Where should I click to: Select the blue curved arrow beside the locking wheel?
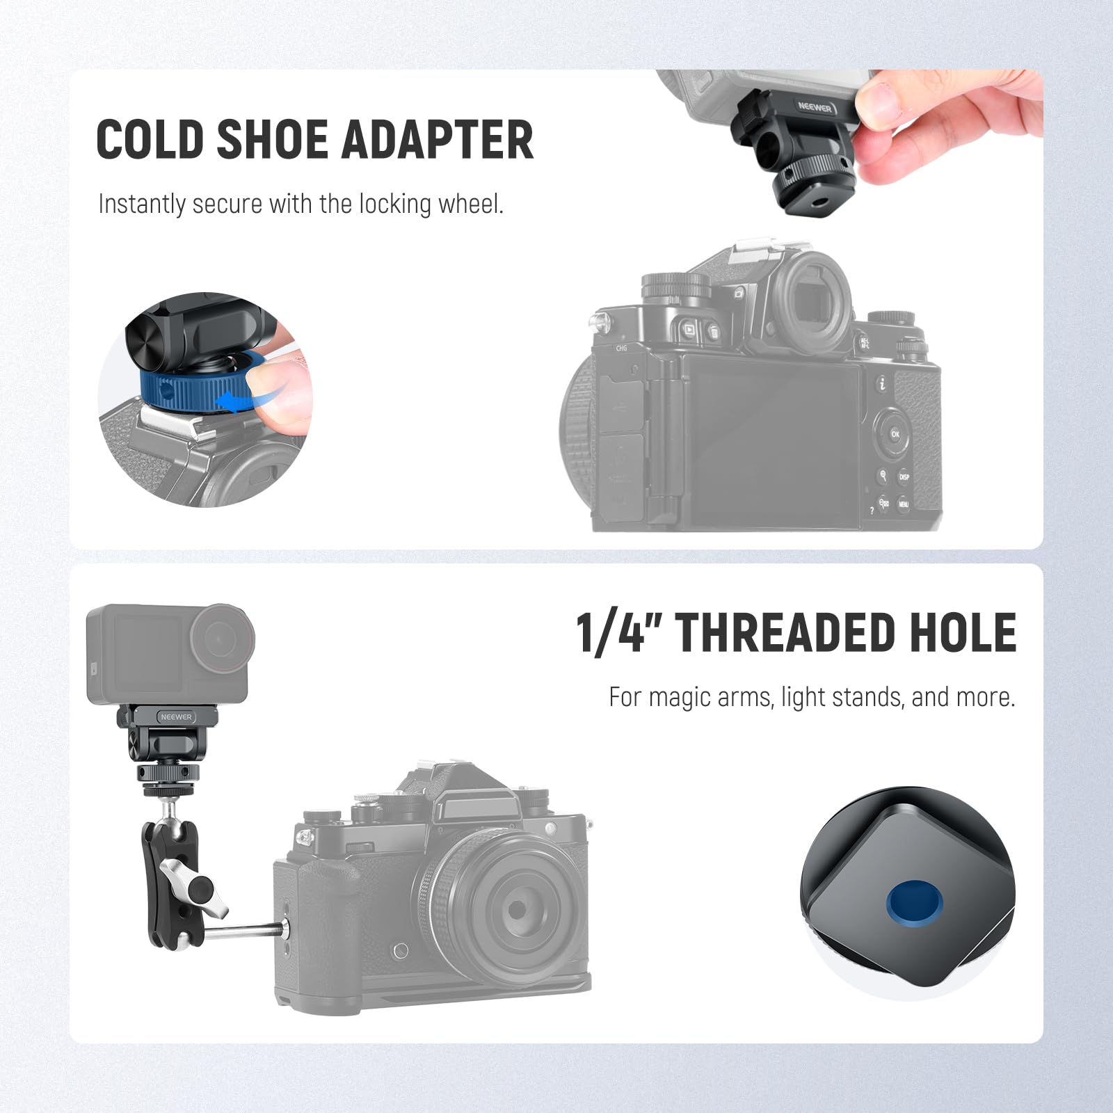240,401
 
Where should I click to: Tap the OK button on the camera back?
895,434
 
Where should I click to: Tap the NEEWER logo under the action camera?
176,716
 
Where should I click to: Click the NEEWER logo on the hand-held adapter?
815,107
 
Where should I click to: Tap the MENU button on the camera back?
903,504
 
